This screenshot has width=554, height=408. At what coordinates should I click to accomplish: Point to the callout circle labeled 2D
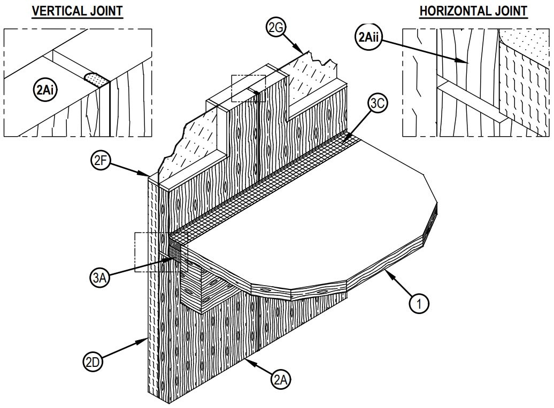coord(93,362)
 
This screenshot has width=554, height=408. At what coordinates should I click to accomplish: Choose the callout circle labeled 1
coord(420,303)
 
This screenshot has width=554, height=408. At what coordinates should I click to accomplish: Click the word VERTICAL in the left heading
coord(58,11)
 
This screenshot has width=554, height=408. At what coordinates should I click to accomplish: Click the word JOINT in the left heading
coord(106,11)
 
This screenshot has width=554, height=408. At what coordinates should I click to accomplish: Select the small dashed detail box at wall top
coord(248,88)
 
